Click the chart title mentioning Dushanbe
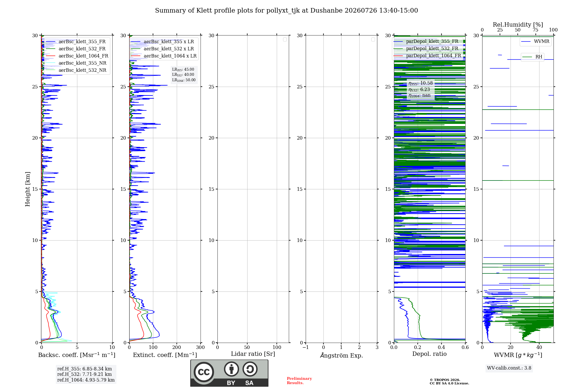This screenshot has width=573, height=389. coord(286,11)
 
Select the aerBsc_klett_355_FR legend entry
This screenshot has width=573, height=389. coord(76,42)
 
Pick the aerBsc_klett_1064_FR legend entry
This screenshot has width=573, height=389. coord(77,56)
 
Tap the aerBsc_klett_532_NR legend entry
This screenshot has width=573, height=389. coord(76,70)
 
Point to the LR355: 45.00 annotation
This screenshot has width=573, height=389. coord(183,70)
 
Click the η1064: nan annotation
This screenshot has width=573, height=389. coord(419,96)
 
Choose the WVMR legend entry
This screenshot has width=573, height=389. coord(535,41)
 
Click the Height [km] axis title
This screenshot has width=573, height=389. coord(28,189)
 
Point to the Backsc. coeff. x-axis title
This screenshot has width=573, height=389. coord(77,355)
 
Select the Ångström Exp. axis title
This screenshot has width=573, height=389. coord(342,355)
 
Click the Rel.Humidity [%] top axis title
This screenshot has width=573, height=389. coord(518,25)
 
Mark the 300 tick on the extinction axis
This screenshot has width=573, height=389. coord(201,347)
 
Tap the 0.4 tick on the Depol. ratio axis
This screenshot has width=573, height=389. coord(441,347)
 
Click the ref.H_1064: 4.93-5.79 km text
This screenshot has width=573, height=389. coord(86,380)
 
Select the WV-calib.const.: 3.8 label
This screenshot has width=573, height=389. coord(509,368)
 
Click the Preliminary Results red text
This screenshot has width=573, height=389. coord(299,381)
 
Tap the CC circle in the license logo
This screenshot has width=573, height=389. coord(204,372)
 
